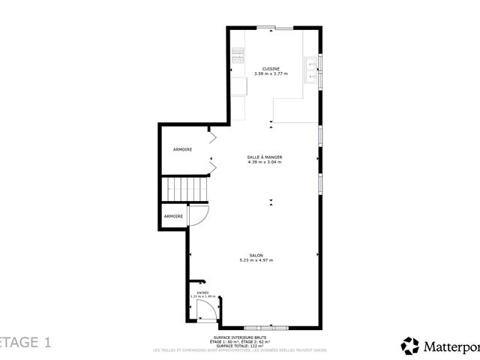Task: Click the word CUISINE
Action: [x=271, y=68]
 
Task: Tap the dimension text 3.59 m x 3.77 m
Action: [x=271, y=73]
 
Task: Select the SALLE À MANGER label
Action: [x=264, y=157]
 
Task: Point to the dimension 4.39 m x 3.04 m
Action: [x=264, y=162]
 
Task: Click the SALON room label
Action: [x=256, y=255]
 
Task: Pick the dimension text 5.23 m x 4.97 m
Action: [x=256, y=260]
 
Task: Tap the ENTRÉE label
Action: [x=202, y=292]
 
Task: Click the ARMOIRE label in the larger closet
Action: [x=182, y=149]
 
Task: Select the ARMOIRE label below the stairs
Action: [x=173, y=216]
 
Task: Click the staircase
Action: [x=184, y=189]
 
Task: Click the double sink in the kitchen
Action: [x=311, y=68]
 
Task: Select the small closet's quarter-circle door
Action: [x=197, y=217]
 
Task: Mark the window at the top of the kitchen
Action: [x=274, y=28]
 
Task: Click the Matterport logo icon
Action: [x=410, y=346]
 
